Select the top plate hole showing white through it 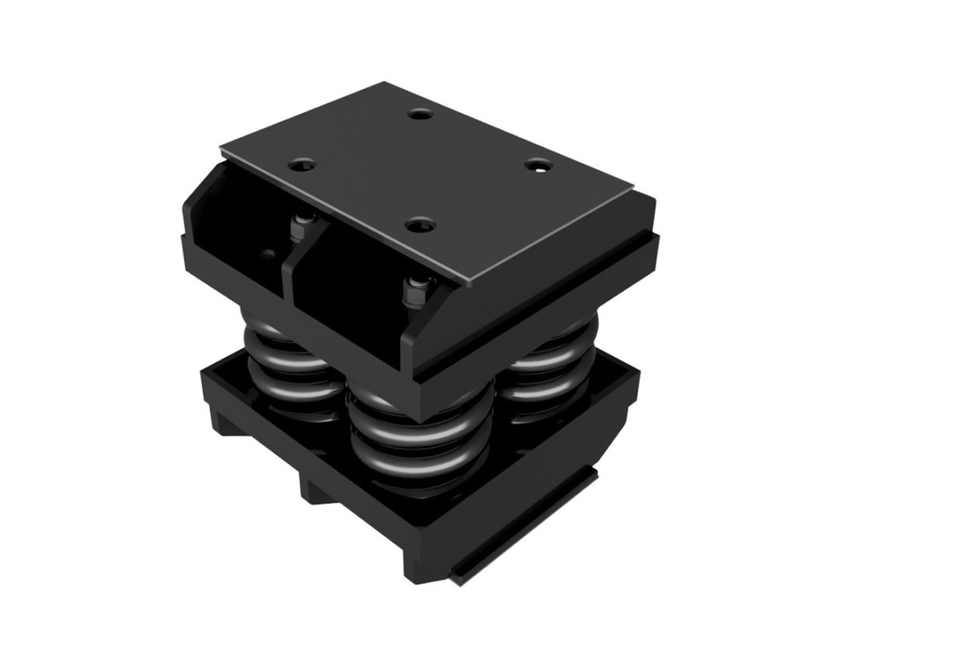538,166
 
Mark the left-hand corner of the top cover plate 221,147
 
